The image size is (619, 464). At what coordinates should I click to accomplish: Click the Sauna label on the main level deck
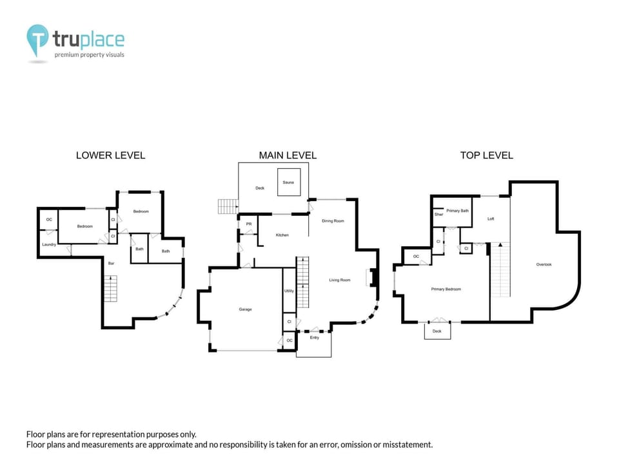coord(288,183)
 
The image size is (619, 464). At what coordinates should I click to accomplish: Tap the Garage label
coord(245,309)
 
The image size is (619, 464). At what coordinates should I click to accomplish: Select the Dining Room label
coord(333,221)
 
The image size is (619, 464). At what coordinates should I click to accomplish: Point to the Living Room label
coord(339,280)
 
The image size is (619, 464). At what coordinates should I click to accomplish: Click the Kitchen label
coord(282,235)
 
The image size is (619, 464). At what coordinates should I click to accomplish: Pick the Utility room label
coord(289,291)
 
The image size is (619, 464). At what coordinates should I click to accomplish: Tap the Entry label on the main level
coord(314,338)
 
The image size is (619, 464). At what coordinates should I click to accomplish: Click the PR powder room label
coord(248,224)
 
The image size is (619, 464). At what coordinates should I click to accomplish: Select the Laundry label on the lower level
coord(49,245)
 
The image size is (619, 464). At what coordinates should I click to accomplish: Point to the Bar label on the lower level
coord(111,263)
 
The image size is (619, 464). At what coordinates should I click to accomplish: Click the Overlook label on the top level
coord(544,264)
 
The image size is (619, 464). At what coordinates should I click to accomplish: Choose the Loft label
coord(491,219)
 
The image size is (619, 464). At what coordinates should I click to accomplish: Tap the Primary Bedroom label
coord(446,289)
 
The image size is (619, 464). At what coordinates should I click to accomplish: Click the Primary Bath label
coord(457,211)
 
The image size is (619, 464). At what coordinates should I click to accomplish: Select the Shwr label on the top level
coord(438,214)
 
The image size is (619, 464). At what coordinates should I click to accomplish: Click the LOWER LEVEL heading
coord(110,155)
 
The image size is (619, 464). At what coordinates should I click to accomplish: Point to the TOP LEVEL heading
coord(486,155)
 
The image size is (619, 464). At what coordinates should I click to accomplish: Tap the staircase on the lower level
coord(110,288)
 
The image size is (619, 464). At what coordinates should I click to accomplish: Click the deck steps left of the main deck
coord(228,207)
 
